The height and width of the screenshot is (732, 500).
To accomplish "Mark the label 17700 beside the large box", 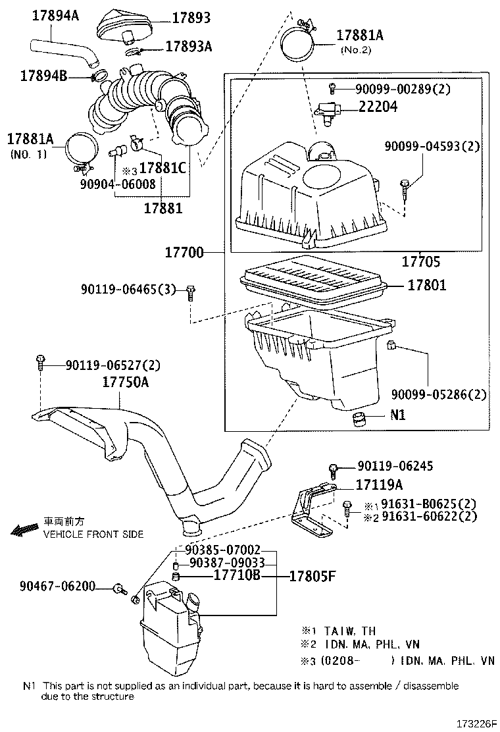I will click(184, 253).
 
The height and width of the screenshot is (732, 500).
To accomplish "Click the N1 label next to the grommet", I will click(397, 415).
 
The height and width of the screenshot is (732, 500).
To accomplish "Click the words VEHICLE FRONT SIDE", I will click(93, 535).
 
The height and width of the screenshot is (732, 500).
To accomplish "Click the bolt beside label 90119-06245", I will click(334, 469).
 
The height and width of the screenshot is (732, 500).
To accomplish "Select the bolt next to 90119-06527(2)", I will click(41, 361).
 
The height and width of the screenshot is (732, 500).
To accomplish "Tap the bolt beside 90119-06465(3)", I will click(190, 292).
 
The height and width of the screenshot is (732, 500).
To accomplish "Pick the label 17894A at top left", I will click(55, 15).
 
